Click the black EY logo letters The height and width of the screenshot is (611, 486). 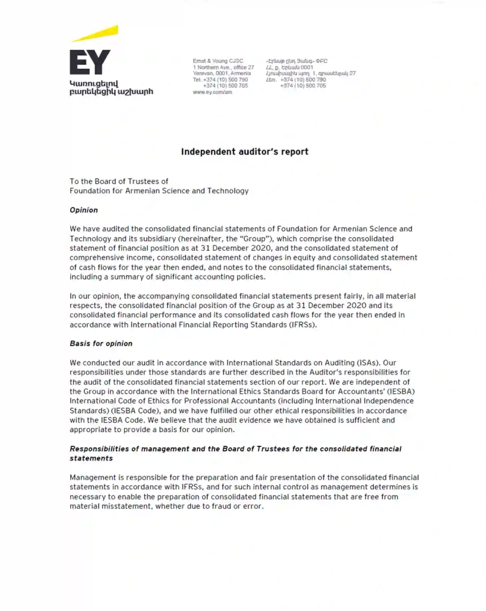point(90,62)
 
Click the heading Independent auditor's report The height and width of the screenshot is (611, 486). point(244,152)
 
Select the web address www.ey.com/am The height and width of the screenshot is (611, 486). point(212,92)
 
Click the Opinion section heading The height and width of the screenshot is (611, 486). point(84,210)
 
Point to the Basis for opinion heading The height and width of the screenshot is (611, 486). point(101,343)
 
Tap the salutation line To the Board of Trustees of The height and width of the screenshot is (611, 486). point(119,182)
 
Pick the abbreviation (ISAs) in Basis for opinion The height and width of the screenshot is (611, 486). point(372,362)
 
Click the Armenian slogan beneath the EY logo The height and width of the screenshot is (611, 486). point(111,88)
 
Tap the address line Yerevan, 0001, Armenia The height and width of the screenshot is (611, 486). point(222,74)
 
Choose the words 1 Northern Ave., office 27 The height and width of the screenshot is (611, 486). point(223,67)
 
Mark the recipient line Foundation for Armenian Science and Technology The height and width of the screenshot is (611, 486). point(159,191)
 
